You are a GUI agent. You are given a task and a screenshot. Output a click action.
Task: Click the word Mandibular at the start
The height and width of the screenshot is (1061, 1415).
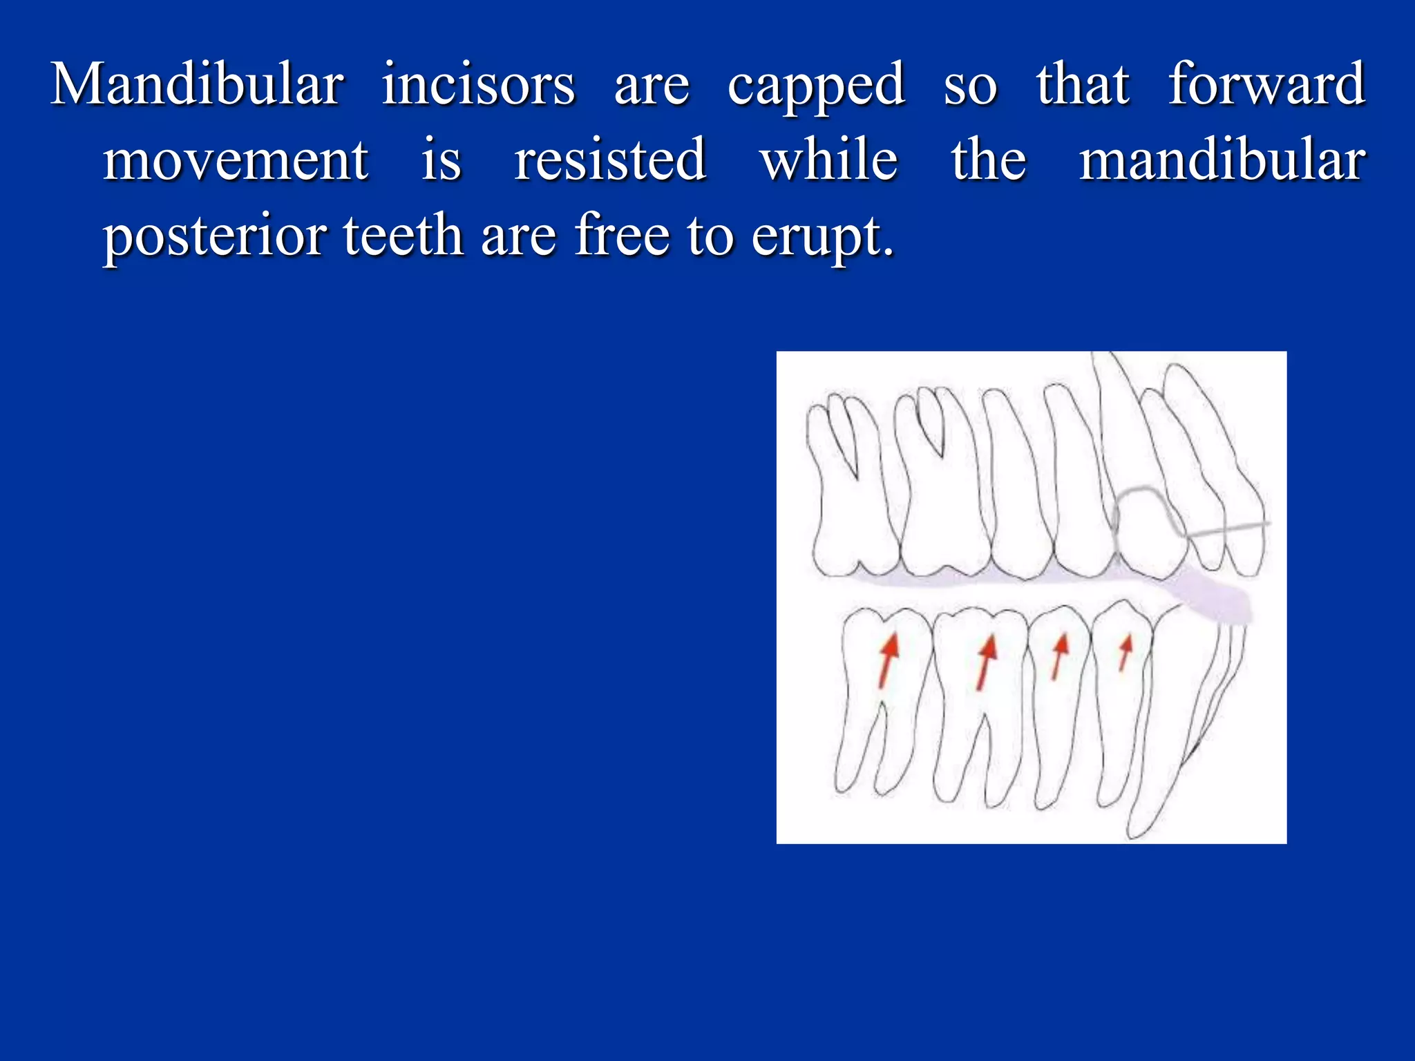pyautogui.click(x=197, y=84)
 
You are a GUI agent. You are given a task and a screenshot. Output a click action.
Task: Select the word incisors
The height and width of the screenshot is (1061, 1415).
pyautogui.click(x=478, y=84)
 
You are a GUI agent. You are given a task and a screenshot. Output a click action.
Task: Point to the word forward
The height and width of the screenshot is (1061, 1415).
pyautogui.click(x=1266, y=84)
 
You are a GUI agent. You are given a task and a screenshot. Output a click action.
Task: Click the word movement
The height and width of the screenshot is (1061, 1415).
pyautogui.click(x=236, y=160)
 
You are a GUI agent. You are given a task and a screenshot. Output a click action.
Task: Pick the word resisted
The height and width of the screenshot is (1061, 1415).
pyautogui.click(x=610, y=160)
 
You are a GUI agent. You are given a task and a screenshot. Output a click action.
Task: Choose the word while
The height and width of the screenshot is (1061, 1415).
pyautogui.click(x=829, y=160)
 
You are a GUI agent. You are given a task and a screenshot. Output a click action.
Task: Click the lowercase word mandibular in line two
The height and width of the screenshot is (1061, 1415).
pyautogui.click(x=1222, y=160)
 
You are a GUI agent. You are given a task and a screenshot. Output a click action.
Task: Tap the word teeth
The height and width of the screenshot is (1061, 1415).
pyautogui.click(x=403, y=236)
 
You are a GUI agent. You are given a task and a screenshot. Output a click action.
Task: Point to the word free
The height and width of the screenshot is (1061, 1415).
pyautogui.click(x=622, y=236)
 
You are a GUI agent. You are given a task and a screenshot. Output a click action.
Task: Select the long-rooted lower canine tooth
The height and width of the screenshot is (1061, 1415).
pyautogui.click(x=1168, y=718)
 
